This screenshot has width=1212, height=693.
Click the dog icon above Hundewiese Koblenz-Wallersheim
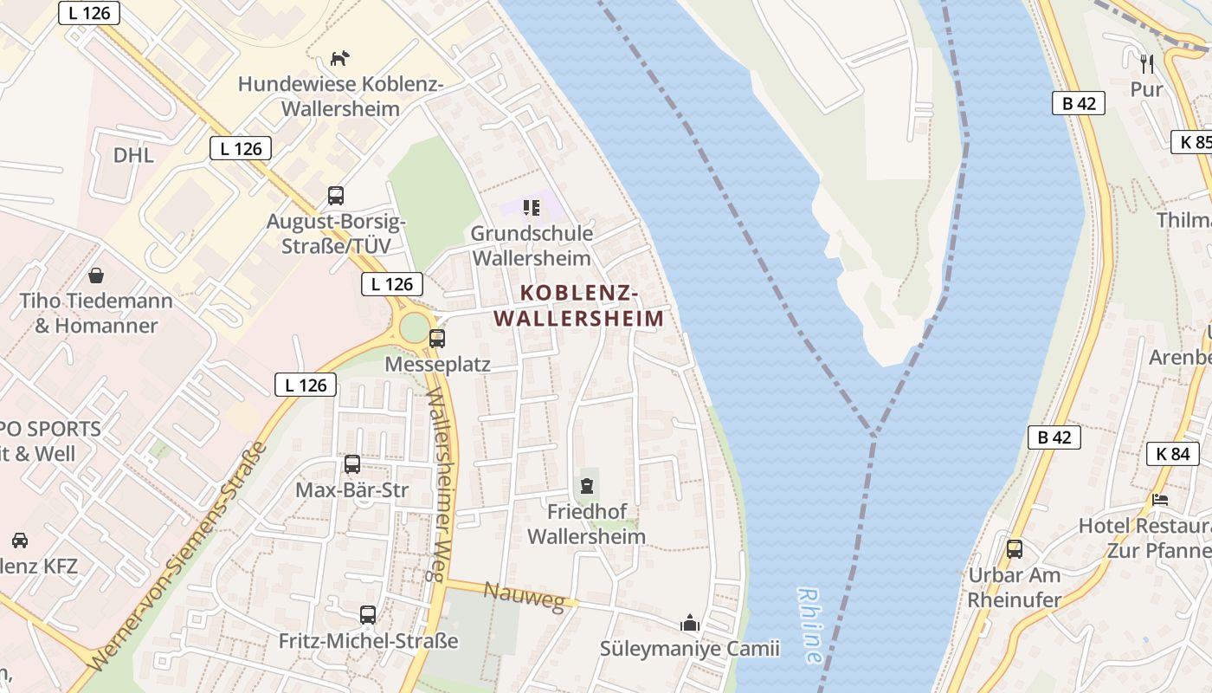[x=340, y=58]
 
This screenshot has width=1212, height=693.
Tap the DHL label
[x=133, y=155]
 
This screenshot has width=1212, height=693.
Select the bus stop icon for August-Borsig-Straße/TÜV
[x=335, y=195]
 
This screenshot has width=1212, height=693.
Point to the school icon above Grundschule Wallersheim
[x=531, y=208]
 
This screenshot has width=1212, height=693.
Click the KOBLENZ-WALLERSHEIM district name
[x=579, y=306]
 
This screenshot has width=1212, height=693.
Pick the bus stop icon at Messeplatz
[x=437, y=338]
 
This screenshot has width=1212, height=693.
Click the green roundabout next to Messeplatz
[x=414, y=328]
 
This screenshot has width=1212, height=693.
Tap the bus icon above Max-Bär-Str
[x=351, y=464]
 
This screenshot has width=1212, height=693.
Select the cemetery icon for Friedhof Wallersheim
[x=587, y=485]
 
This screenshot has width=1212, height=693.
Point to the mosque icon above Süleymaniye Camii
[x=689, y=623]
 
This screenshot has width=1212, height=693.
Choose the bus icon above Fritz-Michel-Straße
[x=368, y=615]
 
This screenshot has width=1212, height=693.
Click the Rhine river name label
[x=810, y=625]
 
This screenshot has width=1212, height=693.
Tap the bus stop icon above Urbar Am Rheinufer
[x=1014, y=548]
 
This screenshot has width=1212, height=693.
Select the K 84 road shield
[x=1172, y=453]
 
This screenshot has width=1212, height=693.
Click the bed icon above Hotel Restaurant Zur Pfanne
[x=1160, y=499]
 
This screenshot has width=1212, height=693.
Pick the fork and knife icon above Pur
[x=1147, y=62]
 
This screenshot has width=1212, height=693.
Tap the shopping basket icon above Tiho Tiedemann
[x=96, y=275]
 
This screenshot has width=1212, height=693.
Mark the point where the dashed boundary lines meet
[x=872, y=433]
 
